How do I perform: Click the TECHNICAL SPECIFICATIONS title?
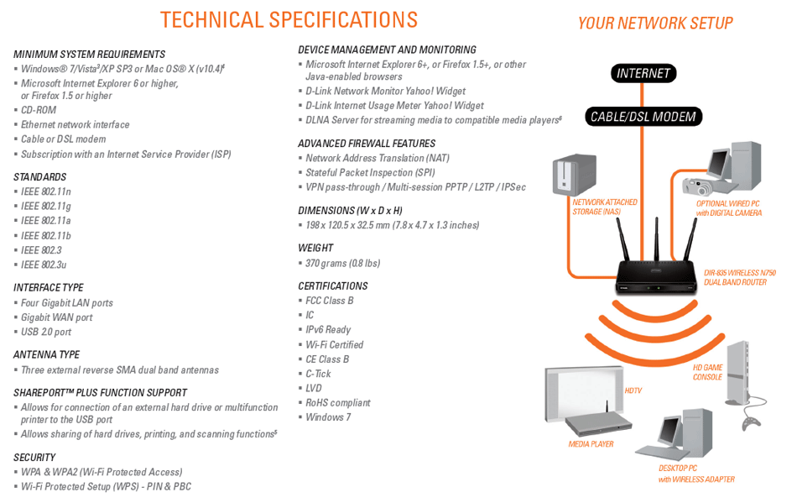(x=289, y=20)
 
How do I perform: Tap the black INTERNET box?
(x=643, y=74)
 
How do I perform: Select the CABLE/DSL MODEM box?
(x=643, y=117)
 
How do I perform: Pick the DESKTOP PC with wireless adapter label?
(x=695, y=474)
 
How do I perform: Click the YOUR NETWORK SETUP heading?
(x=655, y=24)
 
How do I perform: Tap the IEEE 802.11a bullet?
(x=46, y=221)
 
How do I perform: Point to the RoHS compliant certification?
(x=337, y=403)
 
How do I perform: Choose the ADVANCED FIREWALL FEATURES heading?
(x=367, y=144)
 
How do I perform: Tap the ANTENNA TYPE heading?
(x=47, y=355)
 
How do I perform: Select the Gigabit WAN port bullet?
(x=57, y=317)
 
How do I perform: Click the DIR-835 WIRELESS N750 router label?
(x=740, y=277)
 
